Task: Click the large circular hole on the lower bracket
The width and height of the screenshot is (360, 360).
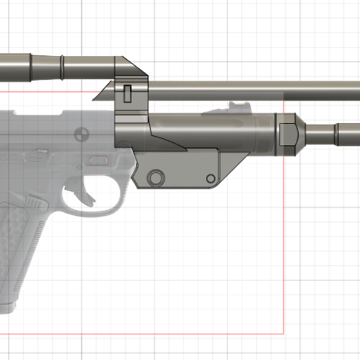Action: pos(156,177)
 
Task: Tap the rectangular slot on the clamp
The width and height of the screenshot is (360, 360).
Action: pos(128,91)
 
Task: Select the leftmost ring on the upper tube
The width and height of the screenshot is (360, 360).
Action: pos(31,66)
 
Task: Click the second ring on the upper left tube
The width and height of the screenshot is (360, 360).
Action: pos(62,67)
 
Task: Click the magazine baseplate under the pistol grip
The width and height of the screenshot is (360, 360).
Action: pos(8,307)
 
